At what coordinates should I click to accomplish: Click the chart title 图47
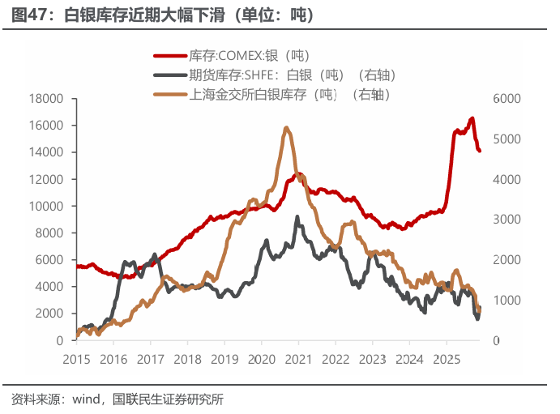[x=31, y=15]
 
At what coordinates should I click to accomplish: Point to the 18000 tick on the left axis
[x=45, y=99]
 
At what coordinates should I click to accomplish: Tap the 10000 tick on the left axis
[x=45, y=206]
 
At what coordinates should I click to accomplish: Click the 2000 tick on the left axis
[x=49, y=313]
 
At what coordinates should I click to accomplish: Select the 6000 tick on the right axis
[x=505, y=99]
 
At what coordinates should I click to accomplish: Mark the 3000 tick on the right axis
[x=505, y=220]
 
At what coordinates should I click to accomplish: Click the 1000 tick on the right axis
[x=505, y=300]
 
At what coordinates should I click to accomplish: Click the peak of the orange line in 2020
[x=287, y=128]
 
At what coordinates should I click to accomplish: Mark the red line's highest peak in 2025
[x=472, y=118]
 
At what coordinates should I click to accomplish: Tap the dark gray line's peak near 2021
[x=297, y=217]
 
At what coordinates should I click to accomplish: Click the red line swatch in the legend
[x=170, y=56]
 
